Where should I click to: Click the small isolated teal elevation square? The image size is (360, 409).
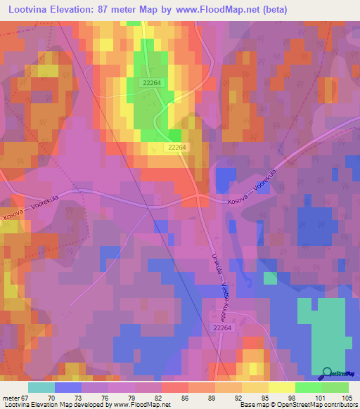point(269,278)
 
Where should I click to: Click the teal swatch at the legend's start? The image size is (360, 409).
point(41,387)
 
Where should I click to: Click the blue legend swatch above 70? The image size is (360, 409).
point(67,387)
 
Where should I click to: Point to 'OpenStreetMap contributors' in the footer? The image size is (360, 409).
point(316,405)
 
